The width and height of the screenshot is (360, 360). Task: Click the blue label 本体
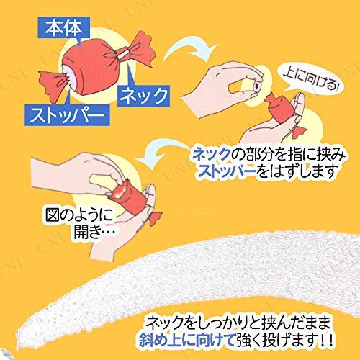coord(64,27)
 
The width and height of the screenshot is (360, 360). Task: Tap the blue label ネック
coord(143,96)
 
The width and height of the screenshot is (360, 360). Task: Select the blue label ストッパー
coord(67,115)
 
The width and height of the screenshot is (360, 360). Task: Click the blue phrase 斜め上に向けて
coord(186,340)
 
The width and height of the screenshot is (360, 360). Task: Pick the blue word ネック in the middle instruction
coord(211,155)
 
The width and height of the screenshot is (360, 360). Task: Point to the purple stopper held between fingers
coord(258,84)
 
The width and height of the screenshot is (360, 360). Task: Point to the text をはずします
coord(296,171)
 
